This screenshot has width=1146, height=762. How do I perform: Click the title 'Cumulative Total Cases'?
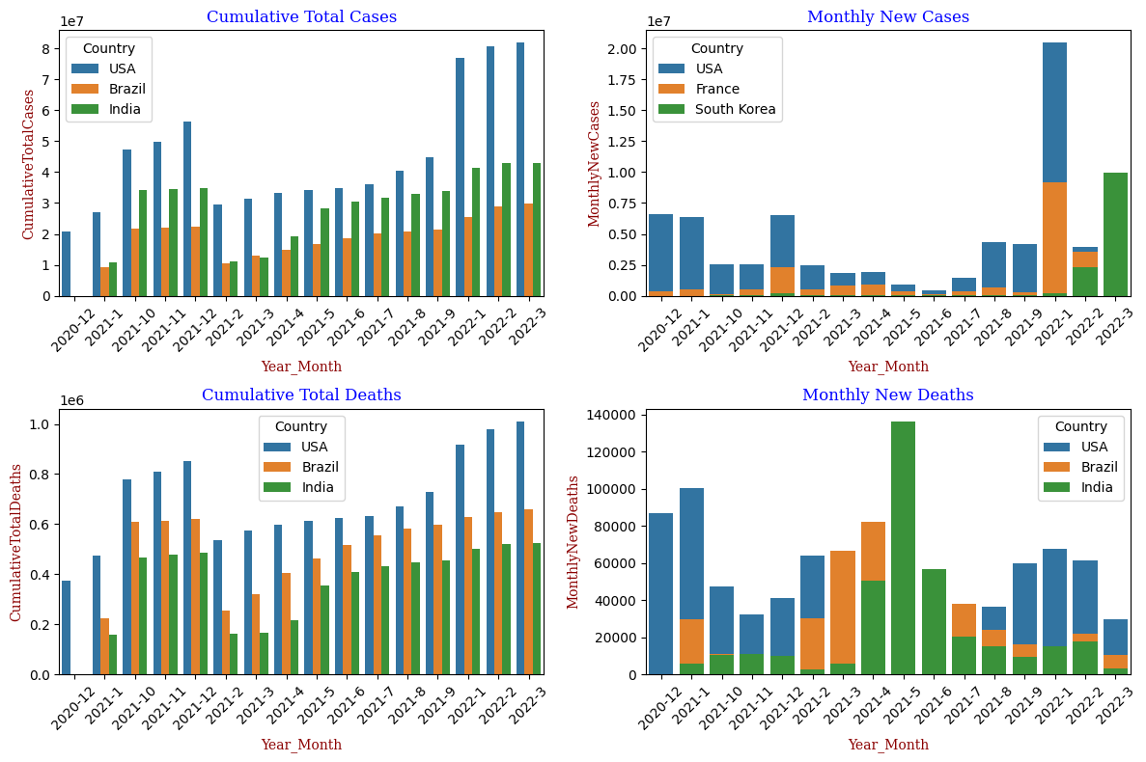point(301,16)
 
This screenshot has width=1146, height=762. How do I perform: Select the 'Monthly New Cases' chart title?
point(887,16)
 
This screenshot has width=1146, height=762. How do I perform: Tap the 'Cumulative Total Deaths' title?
point(301,395)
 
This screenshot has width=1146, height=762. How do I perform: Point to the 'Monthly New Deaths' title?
point(887,395)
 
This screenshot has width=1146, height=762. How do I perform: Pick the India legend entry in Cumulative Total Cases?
point(125,109)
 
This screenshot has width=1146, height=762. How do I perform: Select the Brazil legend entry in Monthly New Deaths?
point(1097,467)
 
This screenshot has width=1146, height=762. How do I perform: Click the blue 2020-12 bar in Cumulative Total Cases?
point(66,263)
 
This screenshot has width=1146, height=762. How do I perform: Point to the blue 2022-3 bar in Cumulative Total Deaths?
point(521,548)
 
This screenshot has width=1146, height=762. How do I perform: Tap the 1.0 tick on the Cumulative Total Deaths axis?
point(42,424)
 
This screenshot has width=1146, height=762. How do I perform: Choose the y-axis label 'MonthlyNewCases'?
point(595,163)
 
